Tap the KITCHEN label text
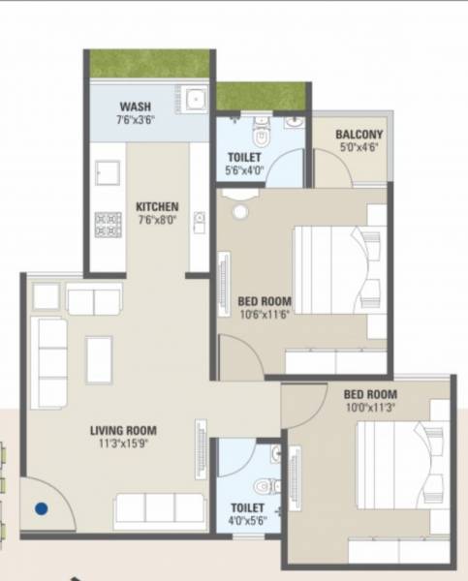(x=156, y=206)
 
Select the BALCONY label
(x=359, y=135)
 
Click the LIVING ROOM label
(x=124, y=431)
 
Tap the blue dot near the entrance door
(x=42, y=505)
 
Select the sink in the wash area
(x=194, y=98)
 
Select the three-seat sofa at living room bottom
(x=159, y=508)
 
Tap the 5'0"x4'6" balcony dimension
(x=359, y=148)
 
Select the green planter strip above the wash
(x=149, y=64)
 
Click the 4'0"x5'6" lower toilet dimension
(x=245, y=520)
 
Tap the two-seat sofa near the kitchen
(x=94, y=301)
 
